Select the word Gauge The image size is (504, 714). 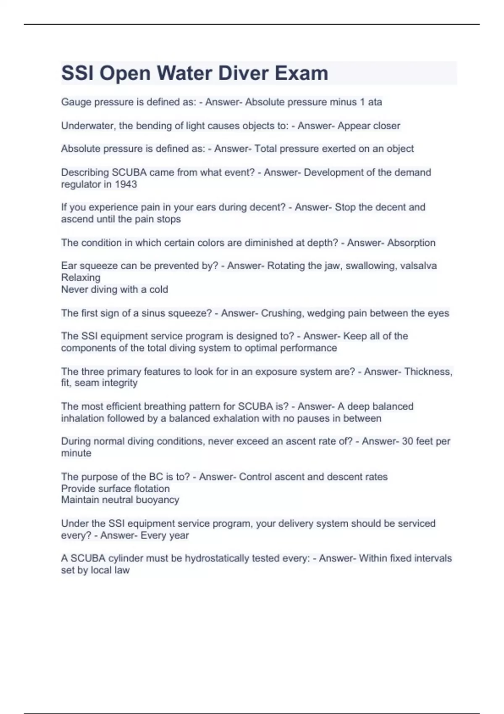(x=76, y=102)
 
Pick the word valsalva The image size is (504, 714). (x=418, y=266)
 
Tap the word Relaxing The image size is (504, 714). (x=81, y=278)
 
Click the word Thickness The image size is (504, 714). (x=428, y=372)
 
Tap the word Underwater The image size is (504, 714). (x=87, y=126)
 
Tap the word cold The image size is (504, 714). (x=159, y=289)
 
